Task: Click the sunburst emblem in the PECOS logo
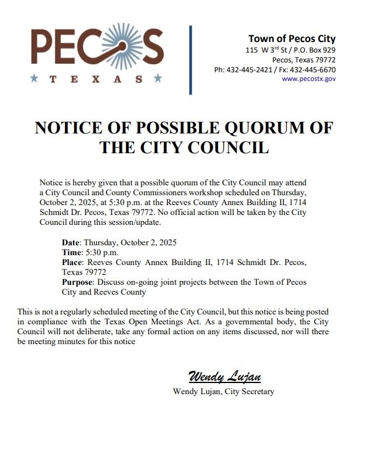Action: (x=118, y=45)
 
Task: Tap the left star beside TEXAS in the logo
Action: (x=33, y=79)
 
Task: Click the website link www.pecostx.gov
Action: (x=308, y=80)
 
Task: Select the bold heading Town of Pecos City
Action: (x=292, y=39)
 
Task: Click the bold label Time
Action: (x=72, y=252)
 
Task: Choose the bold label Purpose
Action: (x=77, y=282)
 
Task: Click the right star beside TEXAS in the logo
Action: (x=158, y=79)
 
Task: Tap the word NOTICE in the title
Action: (x=69, y=128)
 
